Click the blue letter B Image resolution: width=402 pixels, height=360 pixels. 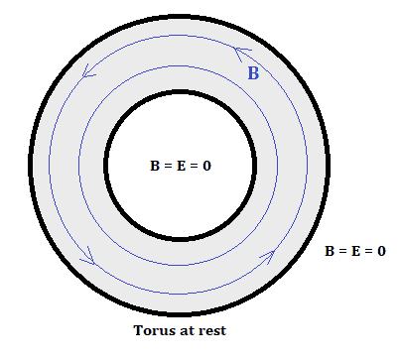253,73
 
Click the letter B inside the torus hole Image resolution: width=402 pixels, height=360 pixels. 155,166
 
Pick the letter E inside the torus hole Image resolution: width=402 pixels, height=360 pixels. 181,166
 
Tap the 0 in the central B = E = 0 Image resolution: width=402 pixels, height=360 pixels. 206,166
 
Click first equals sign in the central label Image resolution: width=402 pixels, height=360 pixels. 168,166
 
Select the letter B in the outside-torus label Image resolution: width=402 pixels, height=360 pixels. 330,251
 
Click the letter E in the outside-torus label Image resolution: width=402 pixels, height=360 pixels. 355,251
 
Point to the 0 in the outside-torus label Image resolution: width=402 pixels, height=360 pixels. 381,251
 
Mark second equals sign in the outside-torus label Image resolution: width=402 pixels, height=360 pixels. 369,251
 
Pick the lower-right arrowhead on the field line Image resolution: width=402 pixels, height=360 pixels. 270,256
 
